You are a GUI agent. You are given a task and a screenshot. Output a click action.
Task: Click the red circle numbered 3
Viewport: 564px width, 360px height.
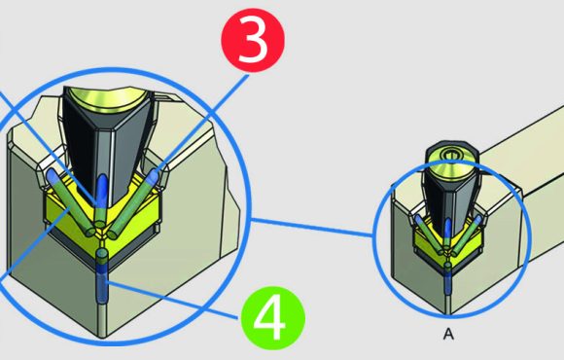pos(253,40)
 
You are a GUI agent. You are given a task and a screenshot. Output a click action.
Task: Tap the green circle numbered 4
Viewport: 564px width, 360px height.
pos(273,319)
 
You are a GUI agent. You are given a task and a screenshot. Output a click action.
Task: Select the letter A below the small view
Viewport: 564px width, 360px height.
pos(448,334)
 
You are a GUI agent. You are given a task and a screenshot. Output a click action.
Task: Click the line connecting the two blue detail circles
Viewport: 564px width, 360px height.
pos(311,228)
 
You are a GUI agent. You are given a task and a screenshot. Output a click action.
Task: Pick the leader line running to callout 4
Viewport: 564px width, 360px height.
pos(172,301)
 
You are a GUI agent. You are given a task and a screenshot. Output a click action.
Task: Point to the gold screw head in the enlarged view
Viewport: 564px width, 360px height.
pos(109,100)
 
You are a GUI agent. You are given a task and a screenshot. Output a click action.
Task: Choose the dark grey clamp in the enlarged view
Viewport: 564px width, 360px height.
pos(108,144)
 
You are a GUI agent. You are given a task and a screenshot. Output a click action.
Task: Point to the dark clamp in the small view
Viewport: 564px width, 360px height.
pos(449,195)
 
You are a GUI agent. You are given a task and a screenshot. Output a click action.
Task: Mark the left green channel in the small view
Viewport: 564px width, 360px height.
pos(429,234)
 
